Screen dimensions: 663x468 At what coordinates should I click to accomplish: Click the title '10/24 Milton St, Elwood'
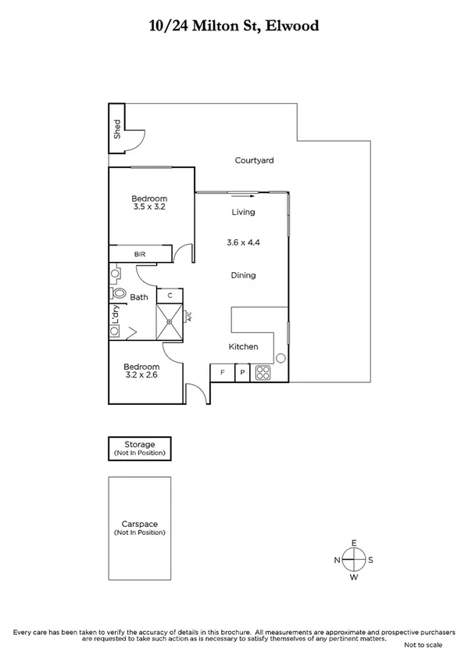(x=234, y=26)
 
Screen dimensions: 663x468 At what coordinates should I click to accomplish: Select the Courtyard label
(x=254, y=160)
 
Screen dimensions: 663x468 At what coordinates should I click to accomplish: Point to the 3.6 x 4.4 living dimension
(x=243, y=243)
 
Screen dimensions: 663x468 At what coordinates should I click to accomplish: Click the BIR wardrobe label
(x=140, y=254)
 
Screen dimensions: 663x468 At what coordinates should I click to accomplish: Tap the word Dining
(x=243, y=275)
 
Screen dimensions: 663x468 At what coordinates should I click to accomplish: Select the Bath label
(x=139, y=297)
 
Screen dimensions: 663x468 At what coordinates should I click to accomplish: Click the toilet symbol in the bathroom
(x=119, y=293)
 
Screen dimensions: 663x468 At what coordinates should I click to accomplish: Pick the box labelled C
(x=170, y=296)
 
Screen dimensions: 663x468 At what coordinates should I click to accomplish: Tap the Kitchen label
(x=243, y=346)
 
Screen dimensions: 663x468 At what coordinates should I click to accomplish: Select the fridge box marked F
(x=223, y=373)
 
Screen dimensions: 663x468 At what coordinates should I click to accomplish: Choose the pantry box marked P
(x=242, y=373)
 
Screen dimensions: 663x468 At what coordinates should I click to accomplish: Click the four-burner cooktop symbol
(x=263, y=373)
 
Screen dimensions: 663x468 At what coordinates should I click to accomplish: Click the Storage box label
(x=141, y=445)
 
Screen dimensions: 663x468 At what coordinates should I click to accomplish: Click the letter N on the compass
(x=337, y=560)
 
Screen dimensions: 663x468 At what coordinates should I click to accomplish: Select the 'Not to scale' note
(x=423, y=645)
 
